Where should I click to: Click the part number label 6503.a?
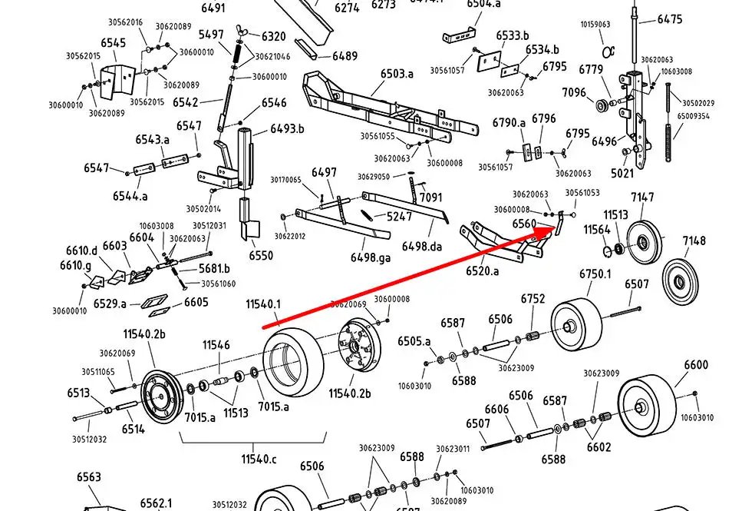pos(397,74)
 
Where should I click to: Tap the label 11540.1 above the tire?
pos(263,305)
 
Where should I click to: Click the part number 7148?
pos(694,241)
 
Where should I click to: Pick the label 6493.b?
pos(287,128)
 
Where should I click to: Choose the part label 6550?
pos(261,255)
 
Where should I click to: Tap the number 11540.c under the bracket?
pos(259,459)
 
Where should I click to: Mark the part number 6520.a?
pos(482,271)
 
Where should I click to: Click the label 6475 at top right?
pos(669,19)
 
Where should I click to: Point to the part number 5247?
pos(399,217)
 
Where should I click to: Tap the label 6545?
pos(113,43)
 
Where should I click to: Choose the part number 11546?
pos(216,345)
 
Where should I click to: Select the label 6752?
pos(533,299)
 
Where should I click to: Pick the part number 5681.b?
pos(215,268)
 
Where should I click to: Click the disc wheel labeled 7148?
pos(679,280)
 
